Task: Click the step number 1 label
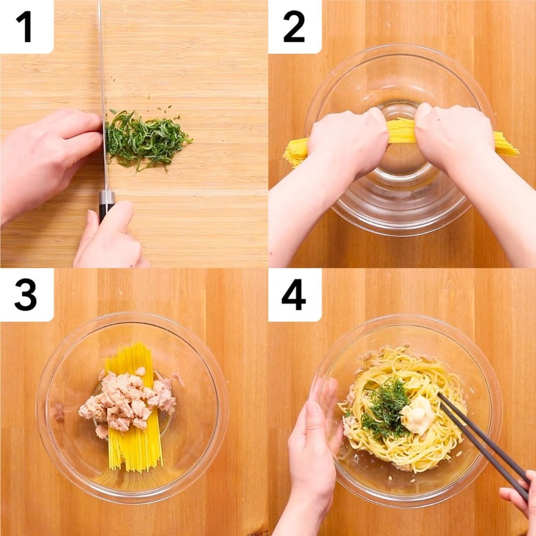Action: (x=25, y=27)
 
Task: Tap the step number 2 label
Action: (x=294, y=27)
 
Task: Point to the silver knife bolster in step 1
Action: (x=107, y=197)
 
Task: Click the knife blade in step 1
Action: (x=103, y=96)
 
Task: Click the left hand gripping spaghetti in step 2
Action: (x=345, y=143)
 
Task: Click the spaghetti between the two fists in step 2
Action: (x=402, y=131)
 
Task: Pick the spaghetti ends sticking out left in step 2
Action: (x=296, y=152)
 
